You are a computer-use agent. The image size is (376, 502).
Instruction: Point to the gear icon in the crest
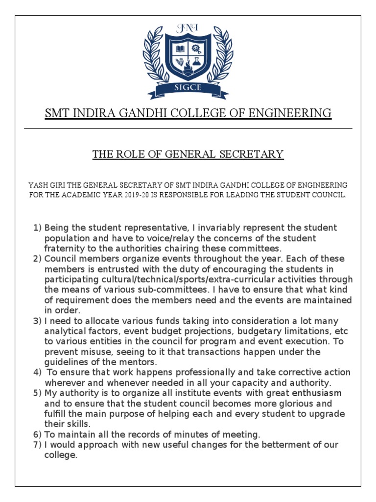coord(196,49)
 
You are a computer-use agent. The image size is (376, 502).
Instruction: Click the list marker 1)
coord(38,228)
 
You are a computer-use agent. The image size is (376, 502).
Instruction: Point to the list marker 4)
coord(38,373)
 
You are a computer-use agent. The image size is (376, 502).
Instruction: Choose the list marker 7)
coord(38,445)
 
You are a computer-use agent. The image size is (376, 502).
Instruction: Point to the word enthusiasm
coord(317,393)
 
